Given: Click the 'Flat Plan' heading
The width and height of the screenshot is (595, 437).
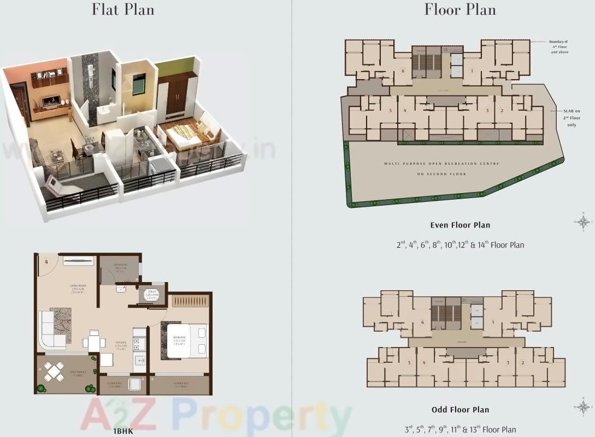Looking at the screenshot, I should (x=123, y=10).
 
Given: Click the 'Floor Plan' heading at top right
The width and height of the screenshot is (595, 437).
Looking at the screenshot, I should (x=460, y=10).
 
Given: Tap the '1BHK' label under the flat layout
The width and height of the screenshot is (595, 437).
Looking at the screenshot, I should (x=123, y=431).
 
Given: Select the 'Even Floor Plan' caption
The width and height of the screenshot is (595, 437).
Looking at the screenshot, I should (x=460, y=225).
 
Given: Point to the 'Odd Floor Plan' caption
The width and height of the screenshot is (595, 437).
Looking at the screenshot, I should (x=460, y=410).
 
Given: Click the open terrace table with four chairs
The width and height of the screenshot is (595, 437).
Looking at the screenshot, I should (x=55, y=372).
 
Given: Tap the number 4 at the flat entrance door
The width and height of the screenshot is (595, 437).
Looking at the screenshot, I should (x=47, y=261).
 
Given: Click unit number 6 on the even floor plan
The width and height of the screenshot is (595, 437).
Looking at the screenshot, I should (x=403, y=71).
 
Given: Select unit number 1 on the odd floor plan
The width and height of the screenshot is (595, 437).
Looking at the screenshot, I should (x=492, y=322).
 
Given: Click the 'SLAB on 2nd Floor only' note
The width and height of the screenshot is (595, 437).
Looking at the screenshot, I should (x=572, y=117).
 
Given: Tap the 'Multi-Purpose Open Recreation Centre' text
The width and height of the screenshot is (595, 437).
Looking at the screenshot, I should (x=441, y=164).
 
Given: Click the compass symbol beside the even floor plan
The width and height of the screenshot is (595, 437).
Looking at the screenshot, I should (x=584, y=222).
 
